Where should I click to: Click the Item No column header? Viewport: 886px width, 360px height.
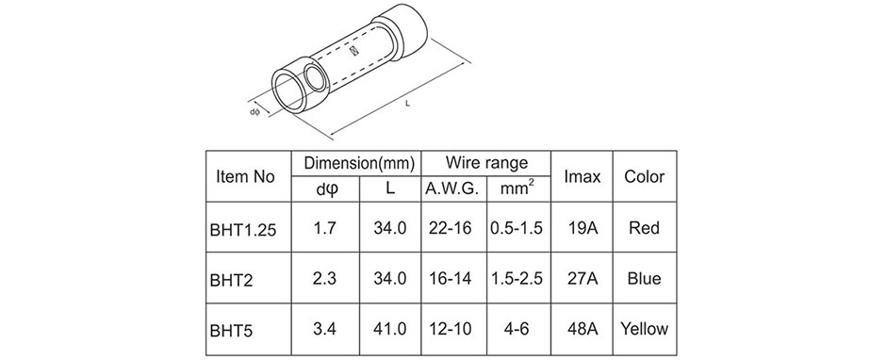[x=245, y=176]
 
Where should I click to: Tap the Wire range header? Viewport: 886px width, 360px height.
[x=486, y=163]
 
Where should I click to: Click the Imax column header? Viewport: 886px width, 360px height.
[x=582, y=176]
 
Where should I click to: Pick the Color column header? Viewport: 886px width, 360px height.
[x=644, y=176]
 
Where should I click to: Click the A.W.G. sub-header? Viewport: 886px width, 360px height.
[x=454, y=189]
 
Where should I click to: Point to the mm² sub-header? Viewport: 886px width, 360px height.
[x=517, y=188]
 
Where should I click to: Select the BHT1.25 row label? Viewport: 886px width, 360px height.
[x=243, y=230]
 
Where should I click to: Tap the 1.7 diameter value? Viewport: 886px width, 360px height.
[x=324, y=228]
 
